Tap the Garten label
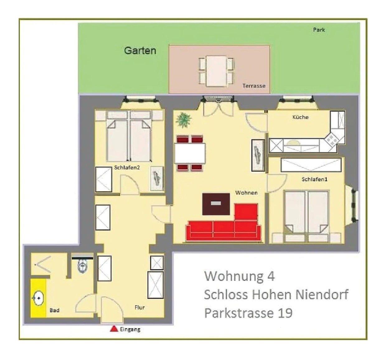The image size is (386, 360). point(140,50)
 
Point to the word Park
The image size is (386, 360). point(319,30)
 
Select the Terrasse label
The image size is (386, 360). point(254,86)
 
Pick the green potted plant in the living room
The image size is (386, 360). point(183,120)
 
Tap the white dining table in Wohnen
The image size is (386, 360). point(190,153)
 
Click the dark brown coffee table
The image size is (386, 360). point(216,204)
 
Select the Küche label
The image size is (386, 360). point(300,117)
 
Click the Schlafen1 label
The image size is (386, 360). point(314,179)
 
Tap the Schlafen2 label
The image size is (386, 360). point(127,167)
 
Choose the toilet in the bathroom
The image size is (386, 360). point(83,265)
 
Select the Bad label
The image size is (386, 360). point(54,310)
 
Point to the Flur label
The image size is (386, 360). point(139,307)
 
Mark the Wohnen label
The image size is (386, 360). point(247,193)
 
